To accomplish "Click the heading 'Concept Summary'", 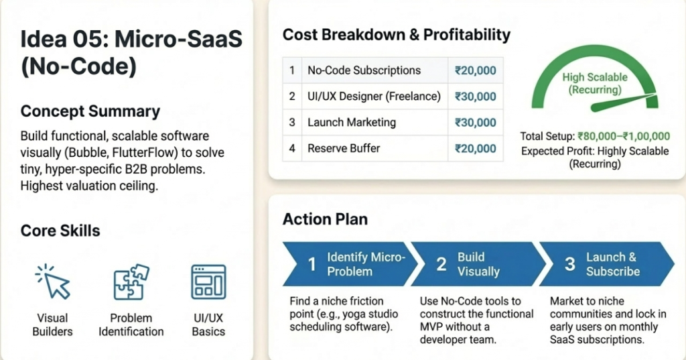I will click(90, 111).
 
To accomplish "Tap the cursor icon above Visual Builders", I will click(52, 281).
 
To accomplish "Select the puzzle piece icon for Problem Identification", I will click(131, 281).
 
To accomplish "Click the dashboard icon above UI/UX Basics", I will click(208, 281).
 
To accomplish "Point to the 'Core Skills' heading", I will click(60, 231).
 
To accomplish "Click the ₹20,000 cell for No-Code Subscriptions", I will click(475, 70).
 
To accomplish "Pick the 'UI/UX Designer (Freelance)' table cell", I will click(374, 97).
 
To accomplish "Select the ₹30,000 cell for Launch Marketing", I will click(475, 123).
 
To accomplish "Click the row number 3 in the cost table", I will click(292, 123).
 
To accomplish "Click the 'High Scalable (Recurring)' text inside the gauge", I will click(595, 84).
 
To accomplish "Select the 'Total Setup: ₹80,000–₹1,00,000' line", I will click(595, 137).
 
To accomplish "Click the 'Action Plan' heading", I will click(325, 219).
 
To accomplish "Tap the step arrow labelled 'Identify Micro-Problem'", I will click(345, 264).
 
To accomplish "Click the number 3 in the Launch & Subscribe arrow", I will click(569, 264).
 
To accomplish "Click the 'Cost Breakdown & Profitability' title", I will click(396, 35).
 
